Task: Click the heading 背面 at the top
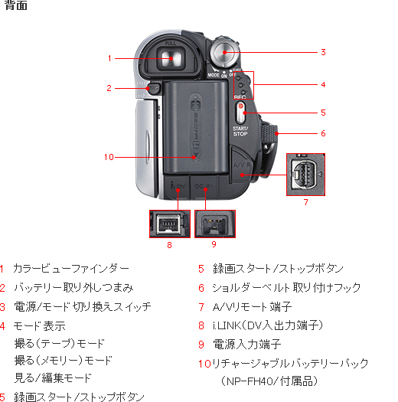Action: [16, 6]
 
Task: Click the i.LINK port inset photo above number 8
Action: [169, 224]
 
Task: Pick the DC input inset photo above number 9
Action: [214, 224]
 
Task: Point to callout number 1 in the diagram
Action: [110, 57]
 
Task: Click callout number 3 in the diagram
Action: [323, 52]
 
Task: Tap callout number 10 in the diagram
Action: [109, 158]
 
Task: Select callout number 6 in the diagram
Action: [323, 132]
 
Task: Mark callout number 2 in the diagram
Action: [109, 88]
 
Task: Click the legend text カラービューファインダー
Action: [70, 269]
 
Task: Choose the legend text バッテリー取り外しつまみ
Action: [73, 287]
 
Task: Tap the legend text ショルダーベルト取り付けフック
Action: [286, 287]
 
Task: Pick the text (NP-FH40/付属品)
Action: [269, 380]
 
